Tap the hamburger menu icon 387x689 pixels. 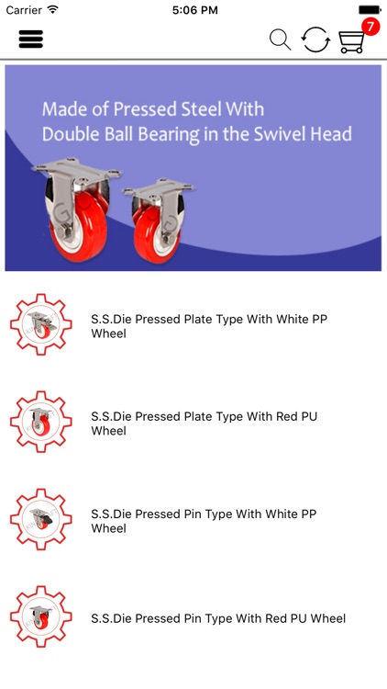[30, 40]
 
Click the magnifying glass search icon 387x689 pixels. [281, 40]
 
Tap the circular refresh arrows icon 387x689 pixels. [315, 40]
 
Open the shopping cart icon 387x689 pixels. [351, 42]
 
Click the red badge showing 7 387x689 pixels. [370, 28]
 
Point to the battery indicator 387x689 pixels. [370, 10]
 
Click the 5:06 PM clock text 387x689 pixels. [194, 10]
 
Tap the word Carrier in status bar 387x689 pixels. [24, 10]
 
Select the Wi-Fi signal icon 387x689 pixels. [53, 9]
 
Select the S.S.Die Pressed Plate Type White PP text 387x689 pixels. [209, 326]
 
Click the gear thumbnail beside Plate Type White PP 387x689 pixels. [40, 324]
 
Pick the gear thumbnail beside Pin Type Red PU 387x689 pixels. [40, 616]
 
